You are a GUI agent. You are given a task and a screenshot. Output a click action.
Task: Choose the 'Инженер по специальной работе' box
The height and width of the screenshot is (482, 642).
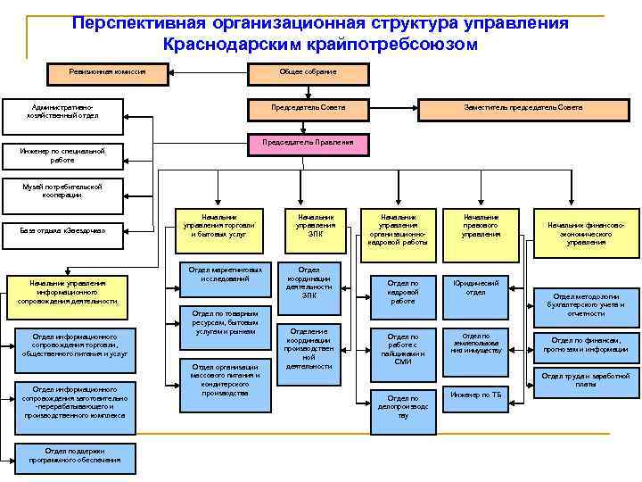click(62, 155)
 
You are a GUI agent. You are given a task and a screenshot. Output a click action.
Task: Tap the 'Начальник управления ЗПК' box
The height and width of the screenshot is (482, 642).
click(316, 226)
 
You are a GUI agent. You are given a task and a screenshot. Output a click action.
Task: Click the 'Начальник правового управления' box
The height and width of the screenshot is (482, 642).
click(481, 226)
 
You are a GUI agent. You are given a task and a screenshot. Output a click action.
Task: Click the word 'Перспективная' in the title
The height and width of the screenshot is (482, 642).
click(154, 23)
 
